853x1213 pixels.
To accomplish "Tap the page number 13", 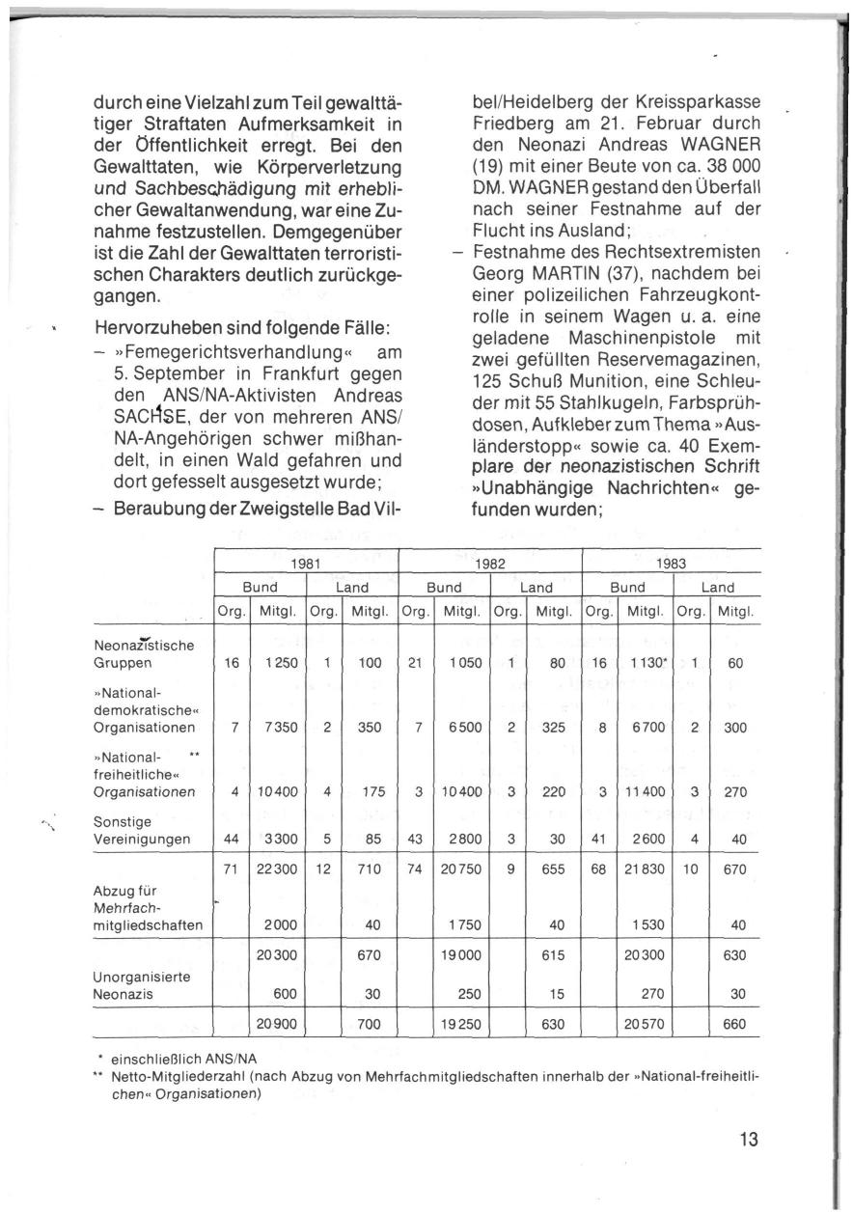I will (x=749, y=1139).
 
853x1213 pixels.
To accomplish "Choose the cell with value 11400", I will (x=647, y=791).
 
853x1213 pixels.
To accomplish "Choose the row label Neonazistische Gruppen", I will (x=144, y=654).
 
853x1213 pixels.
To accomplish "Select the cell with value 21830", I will (x=647, y=868).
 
